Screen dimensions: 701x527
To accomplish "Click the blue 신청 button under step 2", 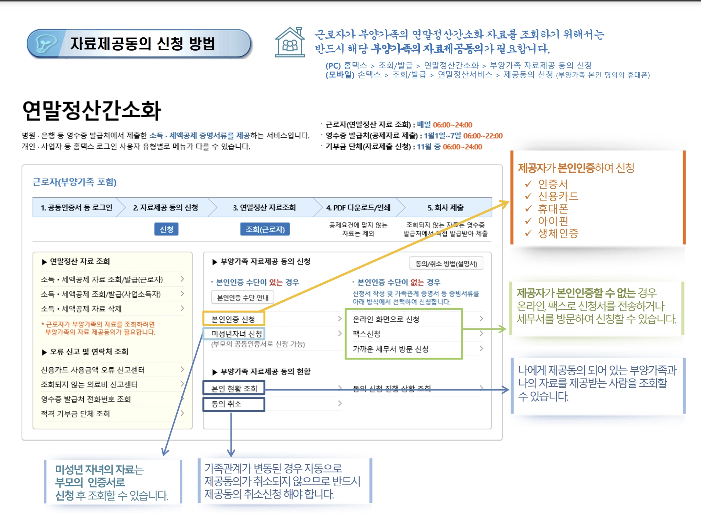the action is [x=166, y=229].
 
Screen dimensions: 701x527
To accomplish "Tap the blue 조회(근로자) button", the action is [x=265, y=229].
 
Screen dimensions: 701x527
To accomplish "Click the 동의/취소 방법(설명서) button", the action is [x=446, y=263].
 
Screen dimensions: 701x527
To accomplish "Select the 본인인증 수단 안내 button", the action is [x=243, y=298].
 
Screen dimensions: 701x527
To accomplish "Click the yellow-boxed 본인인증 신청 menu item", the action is [x=233, y=319].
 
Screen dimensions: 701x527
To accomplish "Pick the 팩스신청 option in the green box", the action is [x=367, y=333].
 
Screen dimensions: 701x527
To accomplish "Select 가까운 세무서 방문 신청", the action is [x=391, y=349].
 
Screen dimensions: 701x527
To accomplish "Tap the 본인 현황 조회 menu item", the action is [x=234, y=388].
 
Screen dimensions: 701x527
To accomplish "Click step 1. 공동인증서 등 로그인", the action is [x=76, y=207].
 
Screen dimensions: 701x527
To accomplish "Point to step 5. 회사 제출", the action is [x=445, y=207].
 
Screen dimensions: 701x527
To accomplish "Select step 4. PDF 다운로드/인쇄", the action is [x=358, y=207].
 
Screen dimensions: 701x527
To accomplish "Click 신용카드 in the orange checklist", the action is [x=558, y=196].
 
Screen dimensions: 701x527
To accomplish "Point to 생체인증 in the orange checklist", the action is [x=558, y=233].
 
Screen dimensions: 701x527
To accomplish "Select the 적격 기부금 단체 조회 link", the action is [x=76, y=414].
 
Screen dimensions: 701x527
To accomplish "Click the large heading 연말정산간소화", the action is [x=92, y=110].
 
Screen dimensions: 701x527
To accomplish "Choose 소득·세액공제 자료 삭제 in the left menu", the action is [x=81, y=309].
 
